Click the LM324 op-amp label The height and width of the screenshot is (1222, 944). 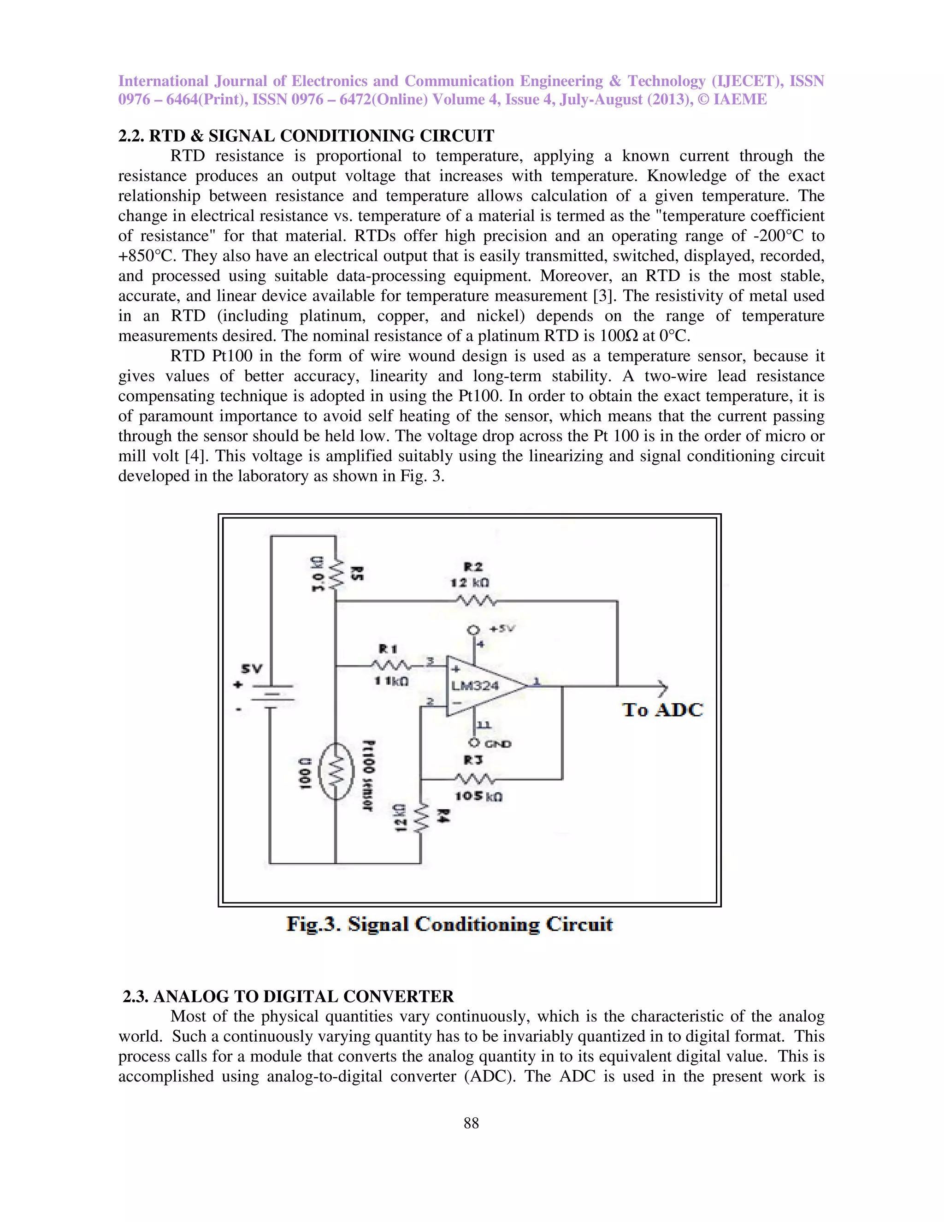[x=475, y=686]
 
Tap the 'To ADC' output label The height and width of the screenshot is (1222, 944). [x=662, y=710]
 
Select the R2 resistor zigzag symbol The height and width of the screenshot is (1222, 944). [x=475, y=601]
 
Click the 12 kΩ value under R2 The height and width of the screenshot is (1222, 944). [x=470, y=583]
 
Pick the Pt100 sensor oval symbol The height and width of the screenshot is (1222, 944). [x=336, y=771]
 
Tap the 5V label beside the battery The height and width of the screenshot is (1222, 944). [x=252, y=669]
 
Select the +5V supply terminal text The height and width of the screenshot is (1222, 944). [x=501, y=629]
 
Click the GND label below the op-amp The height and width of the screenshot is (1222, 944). [x=498, y=744]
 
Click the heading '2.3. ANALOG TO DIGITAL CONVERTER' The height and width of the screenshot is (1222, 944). [x=288, y=996]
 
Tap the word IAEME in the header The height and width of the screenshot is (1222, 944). [x=740, y=100]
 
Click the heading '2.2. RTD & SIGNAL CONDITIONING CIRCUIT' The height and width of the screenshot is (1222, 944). [x=306, y=136]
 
